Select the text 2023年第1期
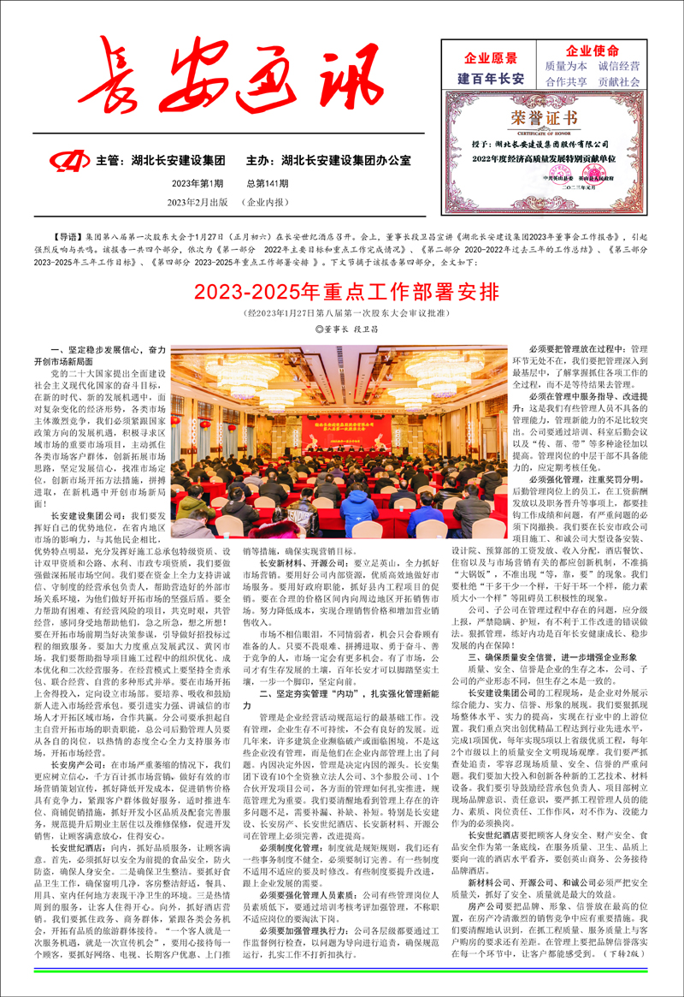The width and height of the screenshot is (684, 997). [197, 183]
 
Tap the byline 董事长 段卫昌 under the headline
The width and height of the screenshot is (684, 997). [342, 328]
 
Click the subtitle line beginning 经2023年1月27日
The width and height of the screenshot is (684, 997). [341, 313]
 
